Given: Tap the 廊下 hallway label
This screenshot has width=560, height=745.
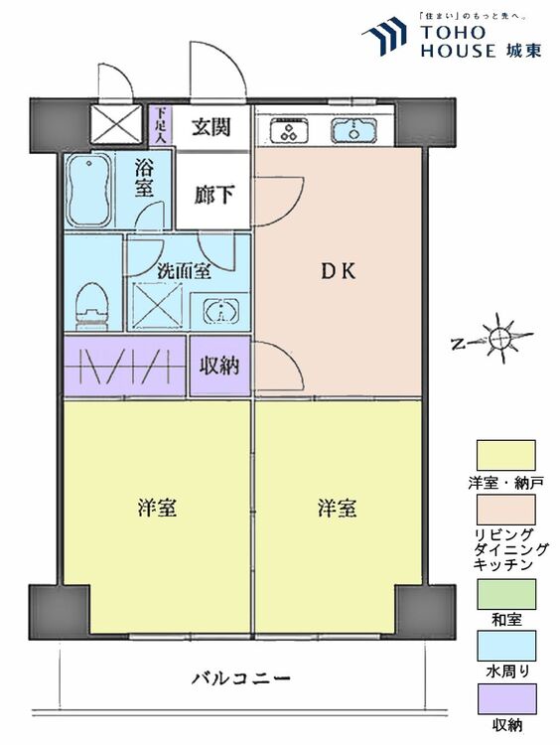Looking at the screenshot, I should (214, 195).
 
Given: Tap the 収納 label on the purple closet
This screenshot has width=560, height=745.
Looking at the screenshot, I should (219, 366).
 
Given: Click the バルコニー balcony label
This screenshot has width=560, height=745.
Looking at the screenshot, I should (240, 679).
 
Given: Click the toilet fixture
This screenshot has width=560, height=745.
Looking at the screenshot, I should (92, 302).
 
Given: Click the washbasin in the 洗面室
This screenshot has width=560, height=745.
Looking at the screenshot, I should (220, 310).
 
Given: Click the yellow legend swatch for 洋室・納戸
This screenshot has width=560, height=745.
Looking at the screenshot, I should (506, 456).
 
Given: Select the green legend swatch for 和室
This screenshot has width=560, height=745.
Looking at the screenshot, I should (506, 594).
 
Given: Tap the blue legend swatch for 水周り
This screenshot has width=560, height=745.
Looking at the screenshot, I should (506, 646).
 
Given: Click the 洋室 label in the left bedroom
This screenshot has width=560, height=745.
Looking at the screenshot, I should (157, 509).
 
